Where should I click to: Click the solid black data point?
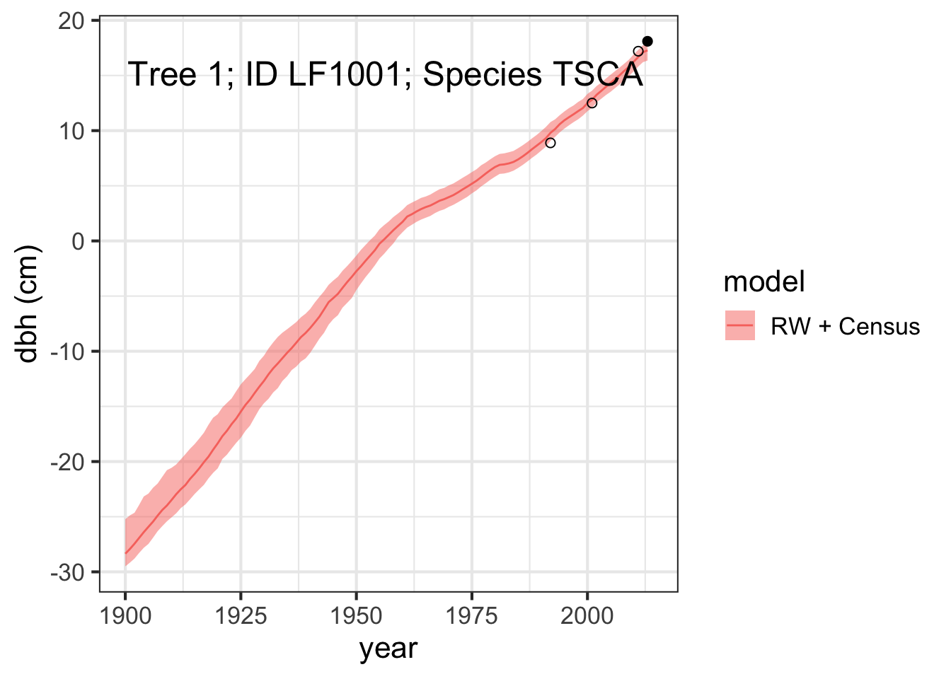tap(647, 41)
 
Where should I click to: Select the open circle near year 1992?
tap(551, 143)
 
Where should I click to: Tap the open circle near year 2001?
tap(592, 103)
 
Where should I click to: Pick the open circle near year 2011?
tap(638, 52)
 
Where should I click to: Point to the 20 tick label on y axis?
tap(71, 21)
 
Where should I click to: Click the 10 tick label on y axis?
tap(71, 131)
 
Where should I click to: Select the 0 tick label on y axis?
tap(78, 241)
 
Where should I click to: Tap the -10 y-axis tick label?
tap(68, 352)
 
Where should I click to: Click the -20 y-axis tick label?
tap(68, 462)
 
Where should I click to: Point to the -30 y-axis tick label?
tap(68, 573)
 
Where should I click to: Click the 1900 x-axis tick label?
tap(125, 616)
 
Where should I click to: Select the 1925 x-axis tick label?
tap(241, 616)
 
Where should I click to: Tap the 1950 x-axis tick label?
tap(356, 616)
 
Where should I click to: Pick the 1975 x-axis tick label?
tap(472, 616)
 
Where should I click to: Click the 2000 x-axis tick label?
tap(587, 616)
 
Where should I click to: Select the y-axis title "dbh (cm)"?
tap(27, 304)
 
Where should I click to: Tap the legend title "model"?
tap(764, 282)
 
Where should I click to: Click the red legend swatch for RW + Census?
tap(740, 325)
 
